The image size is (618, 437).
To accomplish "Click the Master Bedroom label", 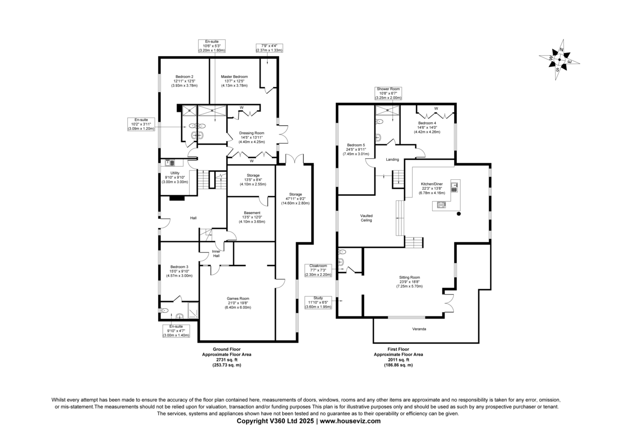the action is (x=234, y=77).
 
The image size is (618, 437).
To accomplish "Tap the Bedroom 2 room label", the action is (x=184, y=77).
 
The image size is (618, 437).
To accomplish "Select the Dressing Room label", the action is (x=252, y=133).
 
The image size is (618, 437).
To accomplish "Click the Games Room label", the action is (x=238, y=298).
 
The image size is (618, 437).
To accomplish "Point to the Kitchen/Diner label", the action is (x=432, y=184).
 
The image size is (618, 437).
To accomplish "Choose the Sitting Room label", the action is (x=409, y=277).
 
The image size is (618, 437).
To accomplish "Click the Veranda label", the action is (x=419, y=329).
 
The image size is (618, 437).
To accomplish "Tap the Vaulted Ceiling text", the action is (x=366, y=218).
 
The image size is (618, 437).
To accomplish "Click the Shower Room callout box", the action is (x=388, y=93).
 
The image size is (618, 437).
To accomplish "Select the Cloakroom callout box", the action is (x=318, y=270).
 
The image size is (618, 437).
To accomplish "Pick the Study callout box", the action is (x=318, y=302).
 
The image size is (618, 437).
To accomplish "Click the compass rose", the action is (x=559, y=60).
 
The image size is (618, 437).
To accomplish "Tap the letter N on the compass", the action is (x=561, y=49).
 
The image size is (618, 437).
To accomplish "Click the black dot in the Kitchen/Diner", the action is (x=459, y=214).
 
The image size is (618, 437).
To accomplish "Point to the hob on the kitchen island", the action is (x=441, y=205).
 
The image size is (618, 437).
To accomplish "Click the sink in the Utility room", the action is (x=170, y=163).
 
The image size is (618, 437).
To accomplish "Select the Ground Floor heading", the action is (x=227, y=349).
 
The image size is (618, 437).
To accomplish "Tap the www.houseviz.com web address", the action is (x=350, y=421).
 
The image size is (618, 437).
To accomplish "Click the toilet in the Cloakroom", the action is (x=342, y=252).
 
